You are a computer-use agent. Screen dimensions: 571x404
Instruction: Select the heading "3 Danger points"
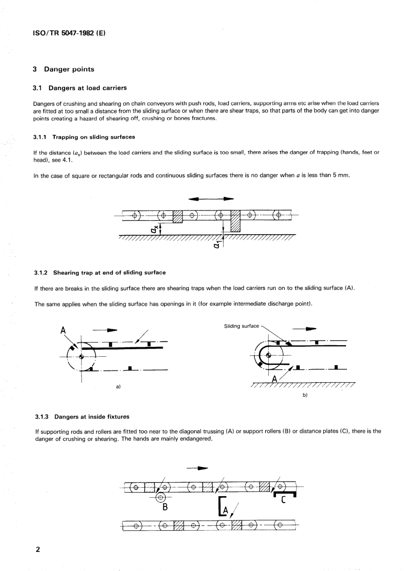pyautogui.click(x=63, y=69)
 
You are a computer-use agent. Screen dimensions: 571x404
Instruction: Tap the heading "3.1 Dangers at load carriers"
pyautogui.click(x=80, y=88)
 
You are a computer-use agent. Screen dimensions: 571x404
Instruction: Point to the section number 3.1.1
pyautogui.click(x=41, y=137)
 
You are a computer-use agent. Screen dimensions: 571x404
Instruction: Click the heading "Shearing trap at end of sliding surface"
pyautogui.click(x=109, y=273)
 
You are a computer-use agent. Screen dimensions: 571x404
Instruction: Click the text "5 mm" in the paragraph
pyautogui.click(x=340, y=175)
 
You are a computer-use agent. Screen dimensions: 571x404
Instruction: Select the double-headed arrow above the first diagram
pyautogui.click(x=211, y=198)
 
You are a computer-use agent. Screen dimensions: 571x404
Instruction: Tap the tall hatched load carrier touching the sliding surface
pyautogui.click(x=235, y=222)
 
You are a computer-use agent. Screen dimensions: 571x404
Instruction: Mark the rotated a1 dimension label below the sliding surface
pyautogui.click(x=216, y=245)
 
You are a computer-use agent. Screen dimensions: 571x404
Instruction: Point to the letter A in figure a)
pyautogui.click(x=63, y=330)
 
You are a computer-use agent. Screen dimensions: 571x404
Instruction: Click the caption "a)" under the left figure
pyautogui.click(x=118, y=386)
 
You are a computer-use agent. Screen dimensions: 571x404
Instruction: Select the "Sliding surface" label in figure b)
pyautogui.click(x=241, y=326)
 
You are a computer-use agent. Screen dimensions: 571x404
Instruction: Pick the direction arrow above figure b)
pyautogui.click(x=304, y=328)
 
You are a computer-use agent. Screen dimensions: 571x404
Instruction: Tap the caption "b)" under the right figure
pyautogui.click(x=304, y=395)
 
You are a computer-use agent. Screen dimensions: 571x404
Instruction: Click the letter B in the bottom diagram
pyautogui.click(x=165, y=507)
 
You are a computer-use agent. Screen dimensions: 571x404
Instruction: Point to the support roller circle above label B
pyautogui.click(x=160, y=497)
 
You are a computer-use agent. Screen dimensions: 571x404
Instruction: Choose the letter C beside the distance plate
pyautogui.click(x=284, y=500)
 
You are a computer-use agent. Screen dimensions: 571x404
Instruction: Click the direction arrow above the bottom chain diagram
pyautogui.click(x=198, y=469)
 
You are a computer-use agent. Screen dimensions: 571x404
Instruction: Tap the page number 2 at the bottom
pyautogui.click(x=37, y=549)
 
